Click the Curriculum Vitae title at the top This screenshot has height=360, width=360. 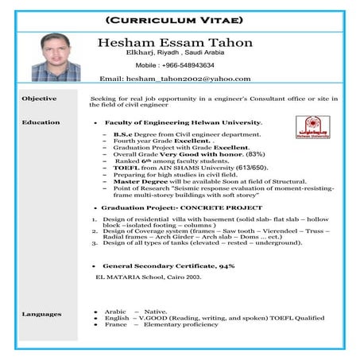[180, 17]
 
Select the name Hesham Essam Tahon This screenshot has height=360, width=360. [174, 42]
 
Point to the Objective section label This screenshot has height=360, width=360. [39, 98]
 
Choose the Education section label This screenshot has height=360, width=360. [41, 122]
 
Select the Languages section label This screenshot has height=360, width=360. [41, 314]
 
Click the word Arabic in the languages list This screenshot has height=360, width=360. [116, 312]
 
